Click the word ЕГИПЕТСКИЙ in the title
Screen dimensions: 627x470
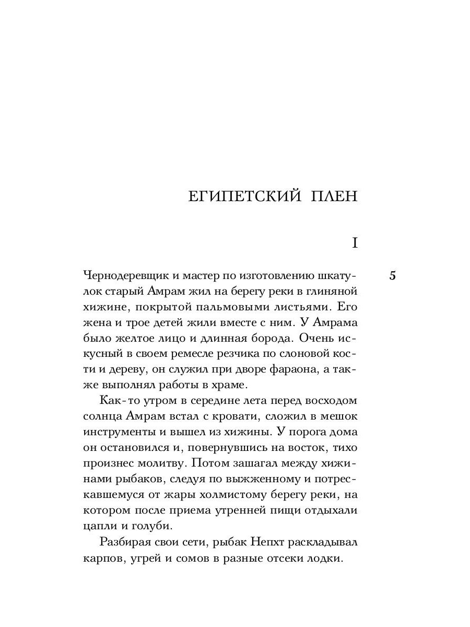point(244,196)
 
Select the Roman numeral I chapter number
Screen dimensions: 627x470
point(355,242)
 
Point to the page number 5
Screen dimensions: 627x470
point(392,276)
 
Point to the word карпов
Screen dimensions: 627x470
point(101,558)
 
